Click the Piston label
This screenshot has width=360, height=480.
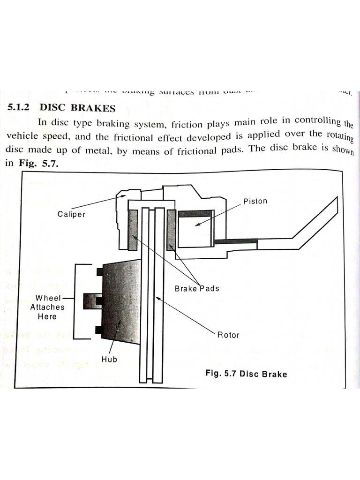pyautogui.click(x=255, y=201)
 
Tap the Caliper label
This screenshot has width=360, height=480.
pyautogui.click(x=71, y=214)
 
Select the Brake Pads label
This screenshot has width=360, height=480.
pyautogui.click(x=196, y=288)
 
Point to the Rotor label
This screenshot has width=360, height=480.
pyautogui.click(x=228, y=335)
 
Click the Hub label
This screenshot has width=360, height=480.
pyautogui.click(x=109, y=360)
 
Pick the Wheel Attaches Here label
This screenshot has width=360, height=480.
pyautogui.click(x=47, y=307)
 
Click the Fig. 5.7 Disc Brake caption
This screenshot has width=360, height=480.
pyautogui.click(x=246, y=374)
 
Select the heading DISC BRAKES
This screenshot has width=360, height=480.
pyautogui.click(x=77, y=108)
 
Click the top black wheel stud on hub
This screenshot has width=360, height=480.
pyautogui.click(x=99, y=272)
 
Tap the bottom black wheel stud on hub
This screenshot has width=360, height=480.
pyautogui.click(x=99, y=330)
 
